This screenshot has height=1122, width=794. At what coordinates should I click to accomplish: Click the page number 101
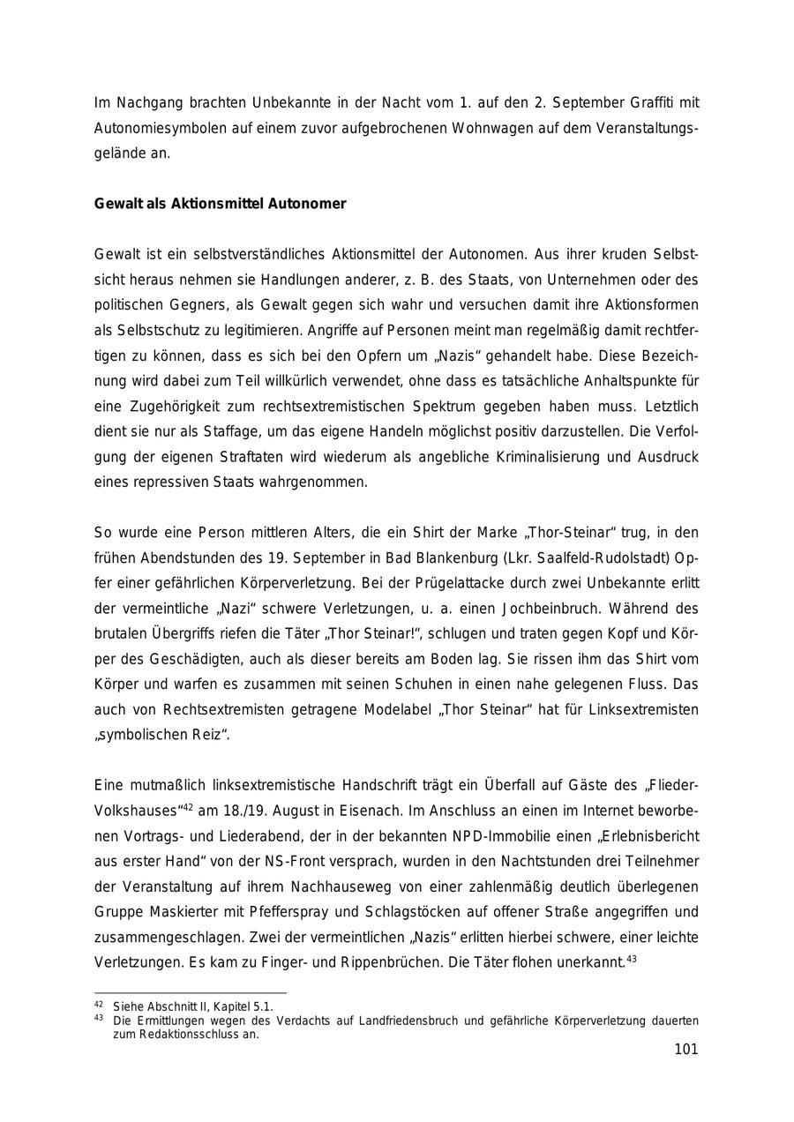pos(685,1049)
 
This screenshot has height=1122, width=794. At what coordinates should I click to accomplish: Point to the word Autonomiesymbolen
pos(160,128)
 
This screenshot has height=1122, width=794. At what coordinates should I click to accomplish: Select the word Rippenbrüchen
pos(387,962)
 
